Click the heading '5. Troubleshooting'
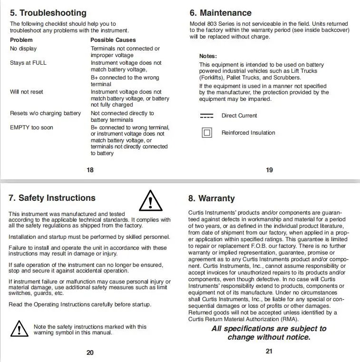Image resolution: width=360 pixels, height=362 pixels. [x=48, y=13]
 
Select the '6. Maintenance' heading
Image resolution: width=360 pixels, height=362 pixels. [x=220, y=13]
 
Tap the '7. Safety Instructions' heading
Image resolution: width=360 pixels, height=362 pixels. [x=52, y=198]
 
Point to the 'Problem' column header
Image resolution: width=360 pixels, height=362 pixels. [x=21, y=40]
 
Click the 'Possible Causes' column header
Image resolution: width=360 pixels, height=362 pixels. [x=113, y=40]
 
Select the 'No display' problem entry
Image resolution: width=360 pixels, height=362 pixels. [x=23, y=49]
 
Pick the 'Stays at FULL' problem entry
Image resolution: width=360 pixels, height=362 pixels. [x=28, y=63]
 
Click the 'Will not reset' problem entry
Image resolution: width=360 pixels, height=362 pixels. [x=27, y=92]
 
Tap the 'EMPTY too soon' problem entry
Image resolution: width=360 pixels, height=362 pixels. [x=31, y=127]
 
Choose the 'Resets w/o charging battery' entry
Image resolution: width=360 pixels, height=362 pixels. [x=45, y=113]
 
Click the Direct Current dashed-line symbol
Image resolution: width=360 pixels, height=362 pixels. [x=207, y=116]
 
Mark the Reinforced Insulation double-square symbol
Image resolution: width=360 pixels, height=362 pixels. [x=207, y=133]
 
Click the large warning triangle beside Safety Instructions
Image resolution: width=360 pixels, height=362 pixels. [x=150, y=200]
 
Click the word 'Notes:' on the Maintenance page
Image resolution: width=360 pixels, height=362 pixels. [x=208, y=56]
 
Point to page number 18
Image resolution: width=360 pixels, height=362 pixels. [x=90, y=170]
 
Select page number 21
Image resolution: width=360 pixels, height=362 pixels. [x=269, y=352]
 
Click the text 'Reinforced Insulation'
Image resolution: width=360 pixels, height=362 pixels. [x=248, y=133]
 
